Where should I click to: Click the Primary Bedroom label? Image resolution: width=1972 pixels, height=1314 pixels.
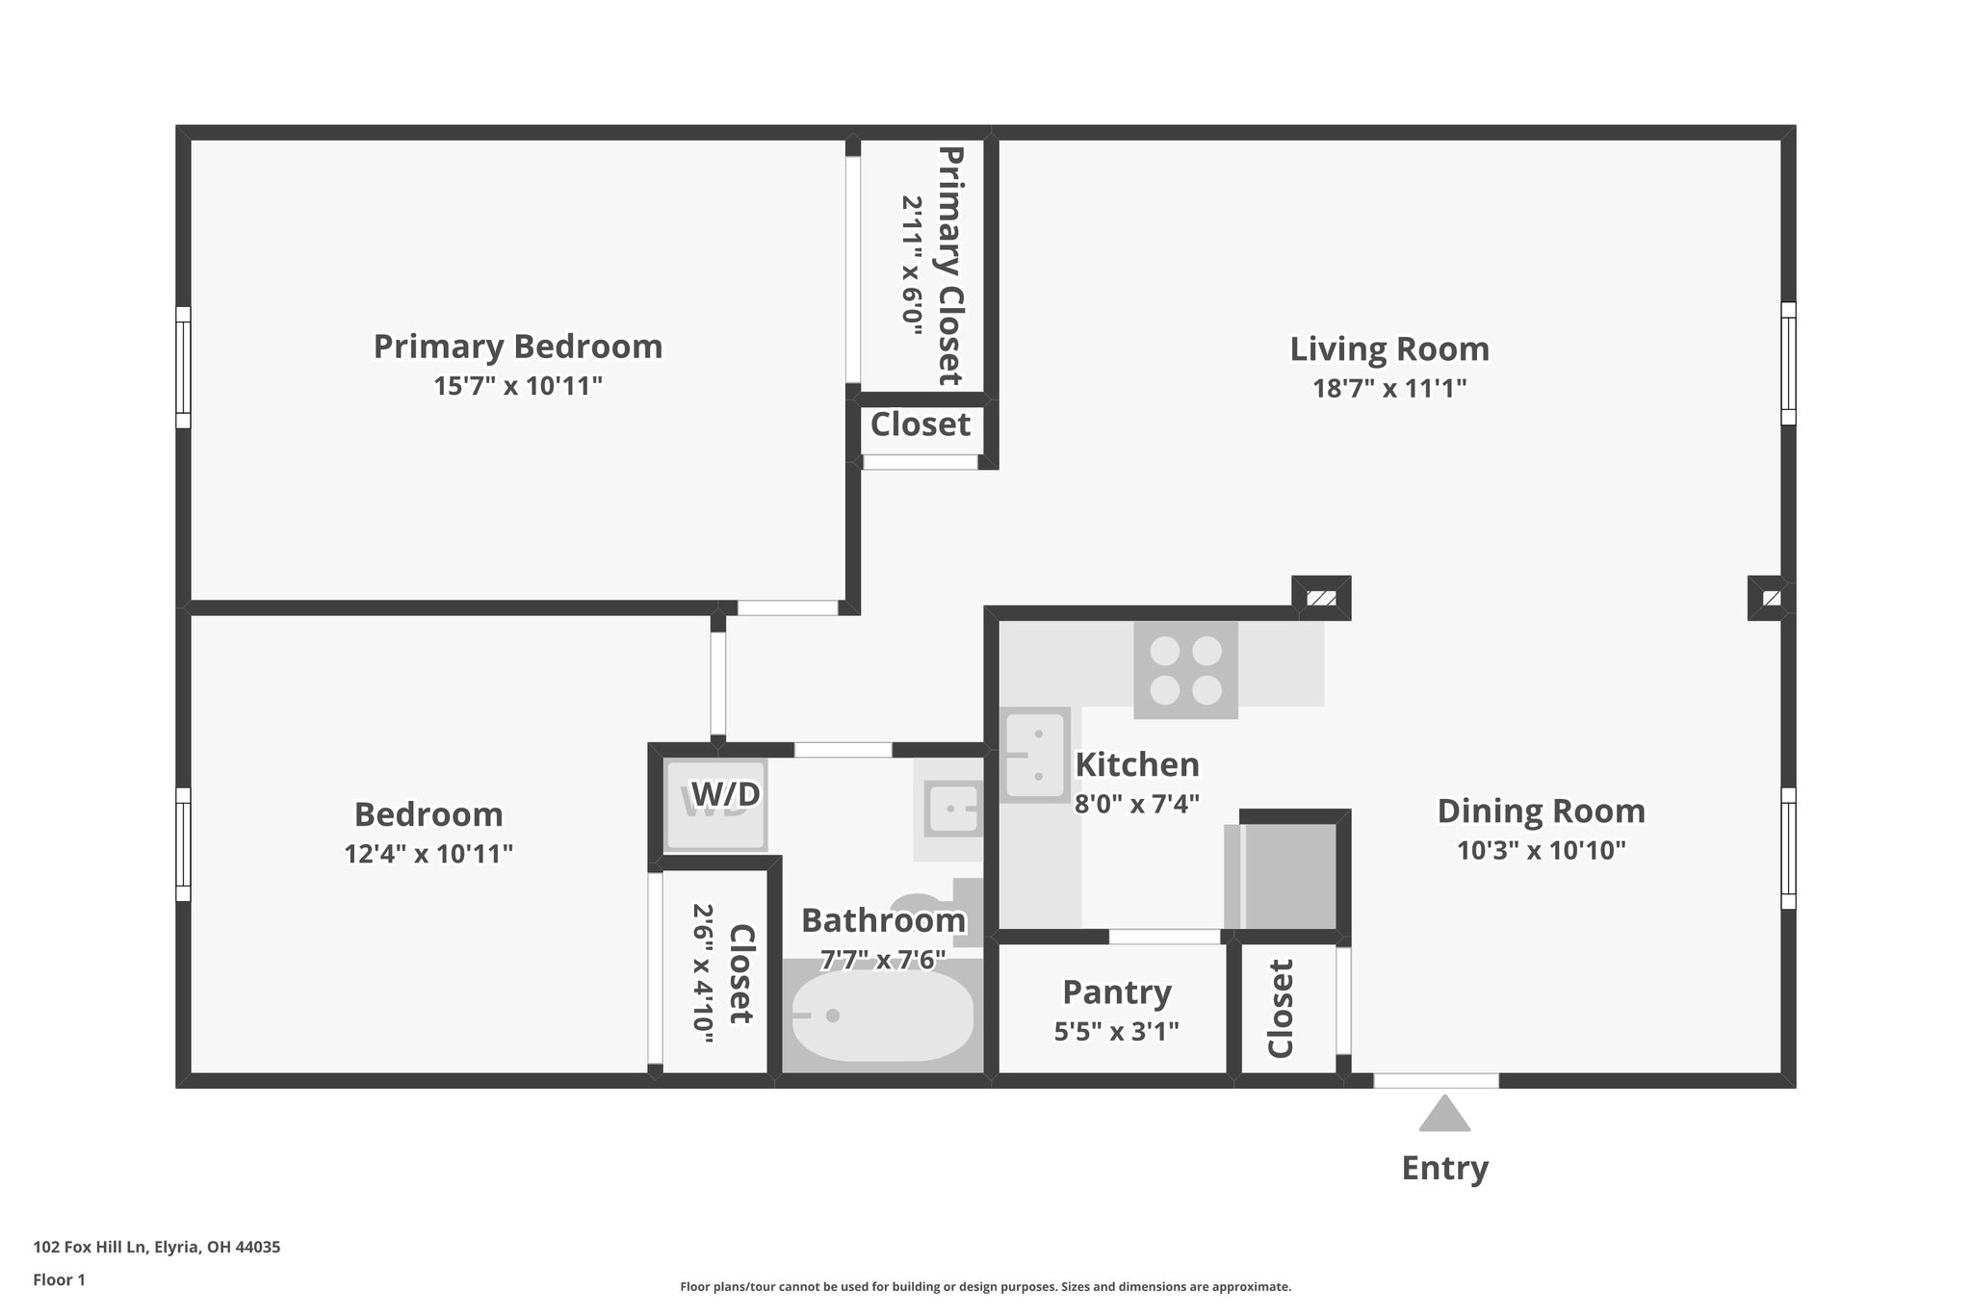click(x=518, y=347)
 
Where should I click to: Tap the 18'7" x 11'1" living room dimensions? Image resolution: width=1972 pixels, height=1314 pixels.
click(x=1389, y=389)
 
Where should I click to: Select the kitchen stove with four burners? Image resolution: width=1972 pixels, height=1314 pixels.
click(x=1185, y=670)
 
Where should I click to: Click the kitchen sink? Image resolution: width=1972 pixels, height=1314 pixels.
click(x=1035, y=755)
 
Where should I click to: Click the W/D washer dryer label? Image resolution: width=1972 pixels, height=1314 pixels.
click(x=725, y=794)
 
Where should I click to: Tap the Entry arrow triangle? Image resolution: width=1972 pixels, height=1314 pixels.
click(x=1444, y=1116)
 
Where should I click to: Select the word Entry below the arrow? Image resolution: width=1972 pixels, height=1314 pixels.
click(x=1444, y=1168)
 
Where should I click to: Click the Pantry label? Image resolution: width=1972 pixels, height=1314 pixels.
click(x=1116, y=992)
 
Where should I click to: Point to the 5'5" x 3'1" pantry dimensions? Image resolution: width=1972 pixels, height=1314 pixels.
click(x=1116, y=1032)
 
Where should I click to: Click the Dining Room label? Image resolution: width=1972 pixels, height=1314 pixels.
click(x=1541, y=811)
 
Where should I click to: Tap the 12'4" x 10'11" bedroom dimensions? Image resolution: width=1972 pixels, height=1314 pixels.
click(x=428, y=854)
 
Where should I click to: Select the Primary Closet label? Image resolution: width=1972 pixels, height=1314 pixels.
click(x=949, y=266)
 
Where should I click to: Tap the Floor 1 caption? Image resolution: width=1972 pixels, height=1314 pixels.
click(x=59, y=1279)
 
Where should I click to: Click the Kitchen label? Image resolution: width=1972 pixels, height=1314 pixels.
click(x=1137, y=764)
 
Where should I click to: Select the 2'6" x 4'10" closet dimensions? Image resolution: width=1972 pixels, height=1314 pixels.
click(x=703, y=973)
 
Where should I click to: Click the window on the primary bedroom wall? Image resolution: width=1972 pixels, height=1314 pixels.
click(x=183, y=367)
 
